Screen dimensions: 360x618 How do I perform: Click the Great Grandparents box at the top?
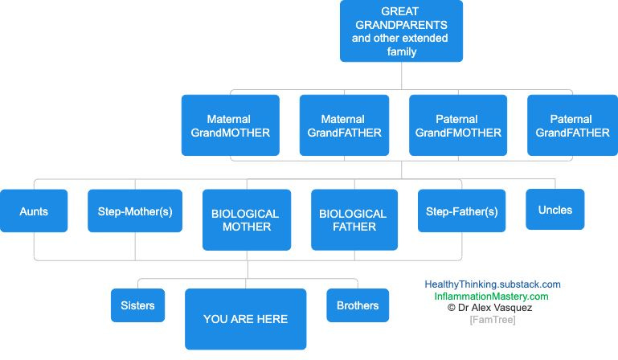tap(400, 31)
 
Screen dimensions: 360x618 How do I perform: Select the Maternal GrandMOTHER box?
tap(231, 125)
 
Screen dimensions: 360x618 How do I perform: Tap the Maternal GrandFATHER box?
tap(344, 125)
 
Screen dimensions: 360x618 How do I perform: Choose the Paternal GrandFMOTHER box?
tap(458, 125)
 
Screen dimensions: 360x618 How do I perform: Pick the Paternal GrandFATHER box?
tap(572, 125)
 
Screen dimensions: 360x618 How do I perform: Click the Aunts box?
tap(34, 211)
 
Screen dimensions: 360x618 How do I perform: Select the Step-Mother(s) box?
tap(135, 211)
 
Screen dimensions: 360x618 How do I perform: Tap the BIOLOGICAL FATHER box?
tap(354, 219)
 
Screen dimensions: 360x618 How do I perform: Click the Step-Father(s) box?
tap(461, 211)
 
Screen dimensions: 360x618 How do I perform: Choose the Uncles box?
tap(555, 209)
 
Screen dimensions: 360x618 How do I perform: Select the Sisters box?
tap(138, 305)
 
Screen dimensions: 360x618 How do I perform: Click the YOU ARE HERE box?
tap(245, 319)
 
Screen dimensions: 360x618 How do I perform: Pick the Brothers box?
tap(358, 305)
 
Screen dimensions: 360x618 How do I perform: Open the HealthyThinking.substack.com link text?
tap(493, 284)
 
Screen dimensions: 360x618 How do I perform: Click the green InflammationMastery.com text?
tap(492, 297)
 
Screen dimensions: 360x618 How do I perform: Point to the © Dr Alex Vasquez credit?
tap(492, 308)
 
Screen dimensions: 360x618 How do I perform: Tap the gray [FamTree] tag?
tap(493, 320)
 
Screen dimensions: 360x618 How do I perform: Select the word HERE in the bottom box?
tap(272, 319)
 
